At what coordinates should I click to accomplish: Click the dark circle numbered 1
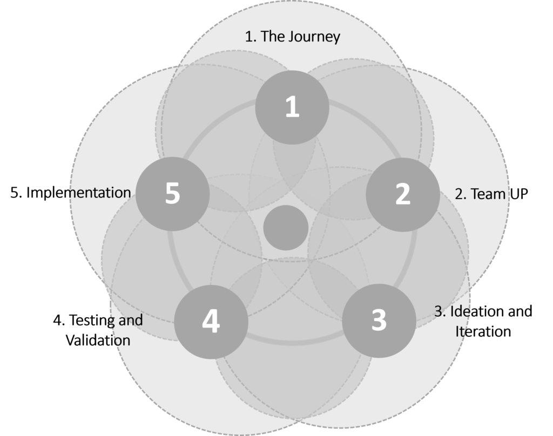pos(292,107)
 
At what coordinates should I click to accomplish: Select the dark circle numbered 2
pos(403,195)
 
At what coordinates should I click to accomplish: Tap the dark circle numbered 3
pos(379,321)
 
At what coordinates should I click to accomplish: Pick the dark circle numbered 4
pos(211,322)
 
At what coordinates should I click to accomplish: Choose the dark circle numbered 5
pos(173,194)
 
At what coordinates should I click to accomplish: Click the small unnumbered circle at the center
pos(286,228)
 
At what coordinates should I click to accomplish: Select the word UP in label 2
pos(517,194)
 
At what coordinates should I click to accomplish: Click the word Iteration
pos(483,331)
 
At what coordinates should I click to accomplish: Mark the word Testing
pos(93,321)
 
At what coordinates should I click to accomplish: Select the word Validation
pos(98,340)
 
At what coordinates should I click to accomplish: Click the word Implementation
pos(79,193)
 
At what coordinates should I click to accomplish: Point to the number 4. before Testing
pos(59,321)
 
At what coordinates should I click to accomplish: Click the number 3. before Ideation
pos(441,311)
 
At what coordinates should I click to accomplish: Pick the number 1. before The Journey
pos(251,37)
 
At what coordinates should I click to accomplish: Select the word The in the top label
pos(272,37)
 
